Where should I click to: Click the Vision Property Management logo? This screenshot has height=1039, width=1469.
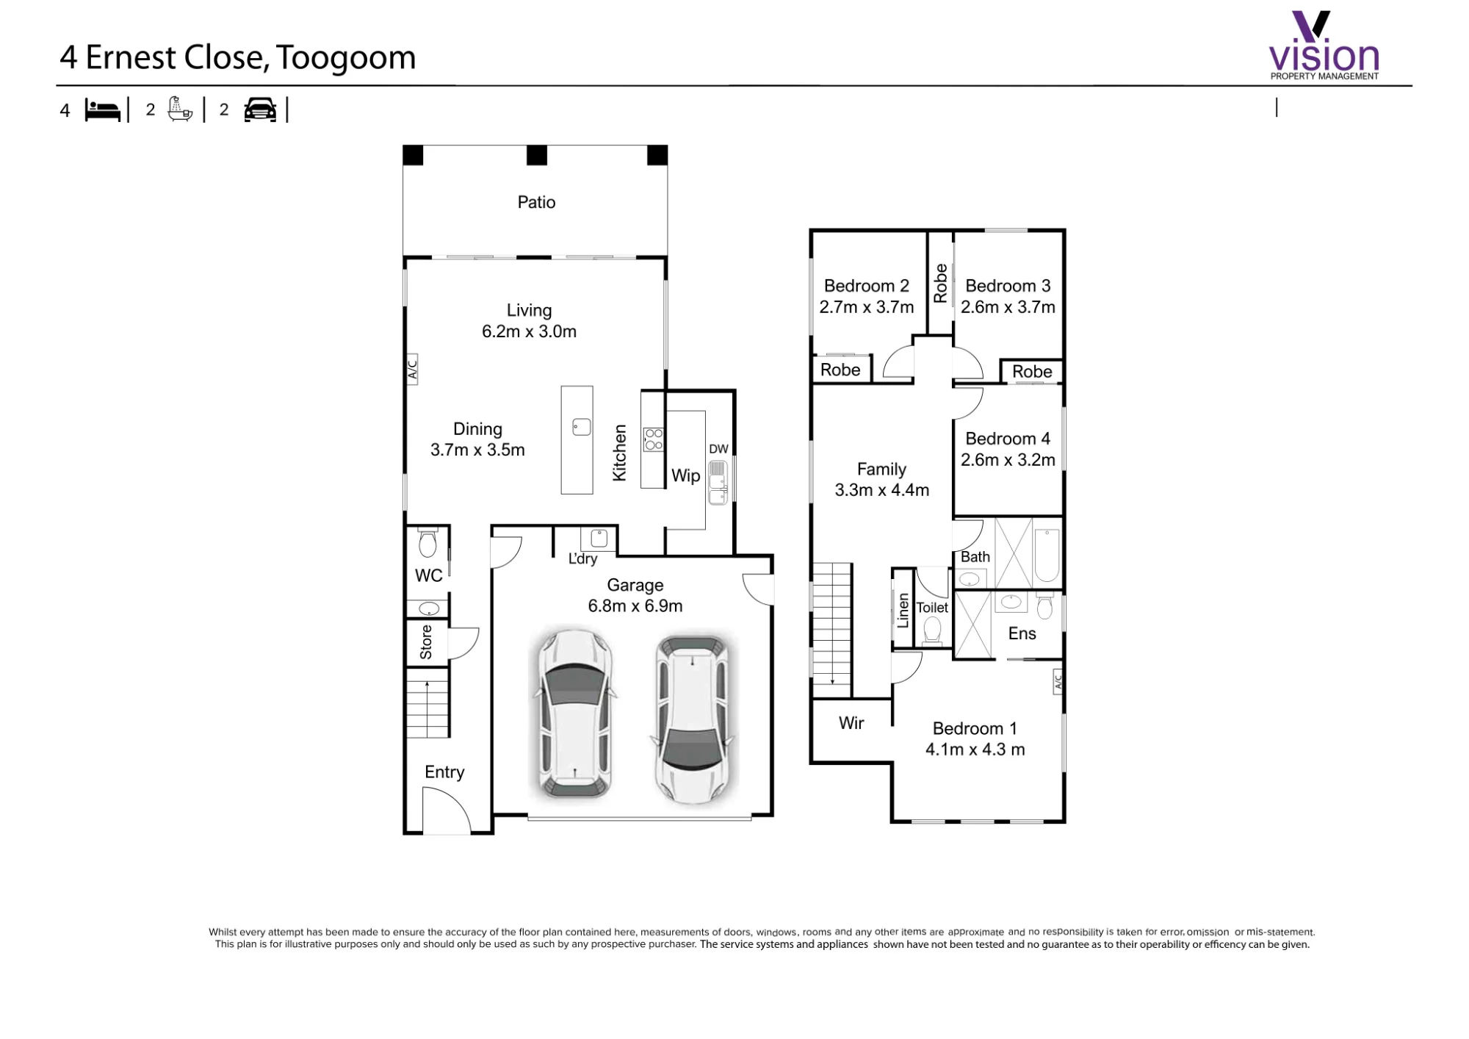click(x=1324, y=45)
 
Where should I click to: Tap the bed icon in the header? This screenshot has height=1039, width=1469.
click(x=102, y=110)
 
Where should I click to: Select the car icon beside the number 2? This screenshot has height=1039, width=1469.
click(x=260, y=109)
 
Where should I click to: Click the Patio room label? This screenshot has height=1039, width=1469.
click(x=536, y=202)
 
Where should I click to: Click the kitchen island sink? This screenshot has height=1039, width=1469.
click(x=582, y=427)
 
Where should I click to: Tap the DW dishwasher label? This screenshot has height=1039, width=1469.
click(x=718, y=449)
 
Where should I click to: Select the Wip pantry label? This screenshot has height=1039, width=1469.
click(x=685, y=475)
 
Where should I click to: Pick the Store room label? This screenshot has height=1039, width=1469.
click(x=426, y=642)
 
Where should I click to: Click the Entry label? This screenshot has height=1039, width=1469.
click(x=444, y=772)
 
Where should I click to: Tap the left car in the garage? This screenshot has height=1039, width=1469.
click(x=574, y=713)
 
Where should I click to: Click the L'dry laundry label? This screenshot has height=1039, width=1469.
click(x=582, y=558)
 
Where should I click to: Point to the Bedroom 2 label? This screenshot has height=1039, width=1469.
click(x=867, y=286)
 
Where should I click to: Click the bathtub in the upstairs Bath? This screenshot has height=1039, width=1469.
click(x=1047, y=556)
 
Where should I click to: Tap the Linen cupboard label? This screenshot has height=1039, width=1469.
click(x=903, y=610)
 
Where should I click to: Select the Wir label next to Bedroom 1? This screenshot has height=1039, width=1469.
click(x=851, y=723)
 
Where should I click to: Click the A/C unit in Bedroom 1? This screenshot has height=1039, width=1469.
click(x=1058, y=682)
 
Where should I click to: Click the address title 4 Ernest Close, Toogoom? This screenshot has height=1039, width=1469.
click(x=238, y=57)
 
